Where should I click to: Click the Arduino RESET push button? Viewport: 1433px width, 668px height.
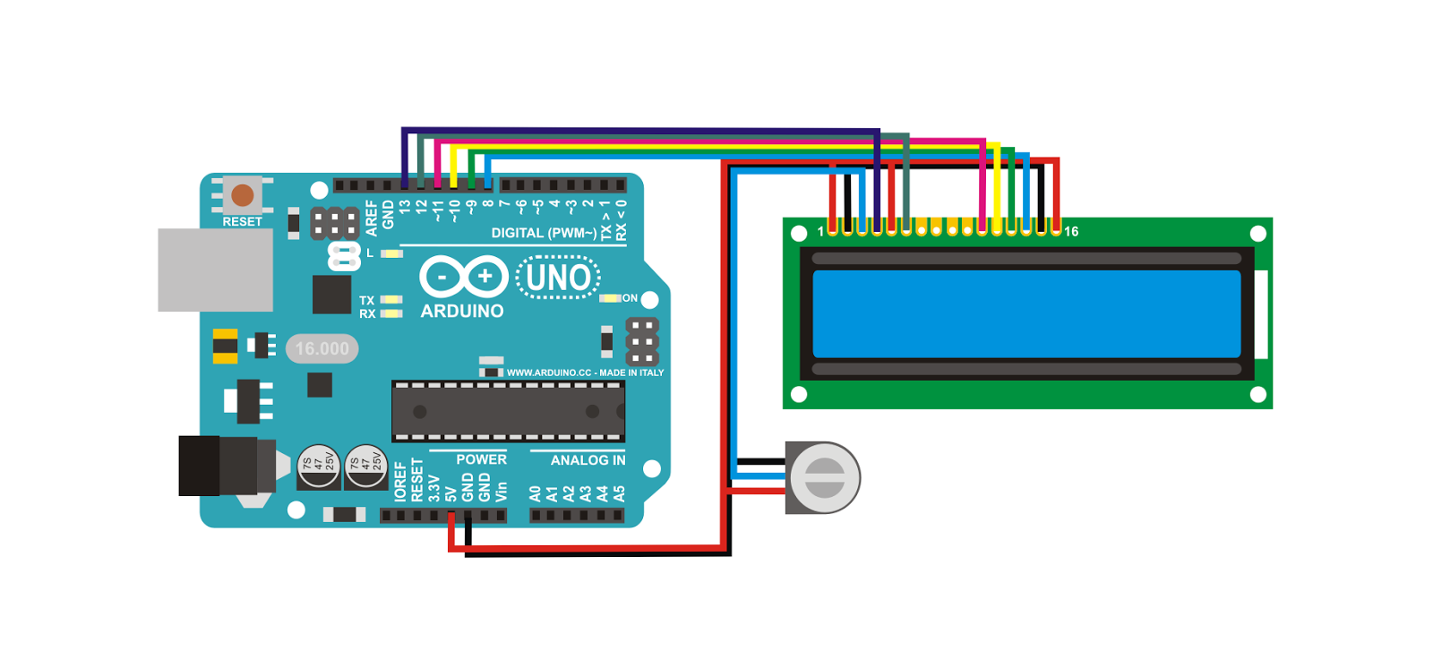pyautogui.click(x=243, y=194)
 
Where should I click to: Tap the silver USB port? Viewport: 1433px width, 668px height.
pyautogui.click(x=215, y=270)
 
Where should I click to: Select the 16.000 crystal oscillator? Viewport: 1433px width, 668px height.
pyautogui.click(x=322, y=348)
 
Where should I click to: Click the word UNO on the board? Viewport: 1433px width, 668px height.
pyautogui.click(x=558, y=278)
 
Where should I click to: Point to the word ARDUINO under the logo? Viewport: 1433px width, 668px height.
pyautogui.click(x=462, y=311)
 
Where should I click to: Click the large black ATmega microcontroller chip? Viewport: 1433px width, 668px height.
pyautogui.click(x=508, y=411)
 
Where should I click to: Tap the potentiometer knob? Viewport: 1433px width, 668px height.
pyautogui.click(x=825, y=477)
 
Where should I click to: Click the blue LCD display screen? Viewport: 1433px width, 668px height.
pyautogui.click(x=1026, y=314)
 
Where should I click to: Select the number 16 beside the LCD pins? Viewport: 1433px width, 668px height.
pyautogui.click(x=1071, y=232)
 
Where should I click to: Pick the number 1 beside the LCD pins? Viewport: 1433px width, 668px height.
pyautogui.click(x=820, y=232)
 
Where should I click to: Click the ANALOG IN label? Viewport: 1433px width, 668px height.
pyautogui.click(x=588, y=460)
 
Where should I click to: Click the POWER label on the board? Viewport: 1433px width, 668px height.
pyautogui.click(x=481, y=459)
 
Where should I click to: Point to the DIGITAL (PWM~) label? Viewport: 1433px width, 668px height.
pyautogui.click(x=544, y=233)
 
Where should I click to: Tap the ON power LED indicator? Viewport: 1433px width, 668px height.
pyautogui.click(x=611, y=298)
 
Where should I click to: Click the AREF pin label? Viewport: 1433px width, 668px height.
pyautogui.click(x=372, y=218)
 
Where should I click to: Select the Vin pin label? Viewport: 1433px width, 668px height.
pyautogui.click(x=502, y=492)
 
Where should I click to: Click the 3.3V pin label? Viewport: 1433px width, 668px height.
pyautogui.click(x=434, y=488)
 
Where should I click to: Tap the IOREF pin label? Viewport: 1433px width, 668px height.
pyautogui.click(x=400, y=481)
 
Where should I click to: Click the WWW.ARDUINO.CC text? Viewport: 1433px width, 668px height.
pyautogui.click(x=549, y=373)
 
